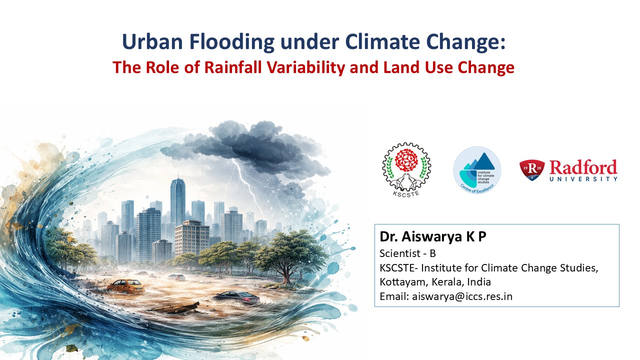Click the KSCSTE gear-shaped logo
[406, 169]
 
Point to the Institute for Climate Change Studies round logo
[477, 170]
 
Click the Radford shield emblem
[531, 170]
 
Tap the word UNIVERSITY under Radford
[583, 179]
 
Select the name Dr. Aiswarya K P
[433, 236]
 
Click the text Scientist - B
[407, 253]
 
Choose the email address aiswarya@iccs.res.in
[462, 296]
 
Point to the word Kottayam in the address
[403, 282]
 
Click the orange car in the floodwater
[126, 286]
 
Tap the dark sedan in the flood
[237, 297]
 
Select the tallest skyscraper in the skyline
[177, 201]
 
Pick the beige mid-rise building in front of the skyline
[192, 238]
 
